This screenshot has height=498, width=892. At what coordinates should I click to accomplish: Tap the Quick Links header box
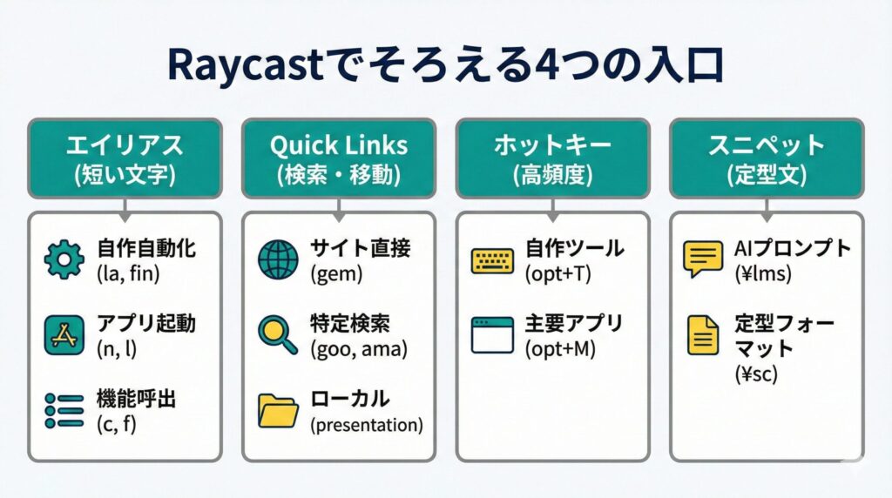pyautogui.click(x=338, y=158)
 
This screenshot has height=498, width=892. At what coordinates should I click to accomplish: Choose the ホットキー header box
pyautogui.click(x=553, y=158)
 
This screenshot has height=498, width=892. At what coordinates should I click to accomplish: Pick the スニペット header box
pyautogui.click(x=767, y=158)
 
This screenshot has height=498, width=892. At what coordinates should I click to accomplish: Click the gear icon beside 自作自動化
pyautogui.click(x=64, y=260)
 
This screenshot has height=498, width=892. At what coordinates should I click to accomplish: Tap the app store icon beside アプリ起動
pyautogui.click(x=64, y=335)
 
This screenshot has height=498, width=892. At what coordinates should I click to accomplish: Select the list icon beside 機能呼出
pyautogui.click(x=64, y=410)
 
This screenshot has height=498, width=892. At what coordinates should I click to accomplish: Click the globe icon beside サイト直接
pyautogui.click(x=278, y=260)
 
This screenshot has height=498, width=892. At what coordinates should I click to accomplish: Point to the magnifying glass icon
pyautogui.click(x=277, y=335)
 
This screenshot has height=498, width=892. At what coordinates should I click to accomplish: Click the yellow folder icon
pyautogui.click(x=278, y=410)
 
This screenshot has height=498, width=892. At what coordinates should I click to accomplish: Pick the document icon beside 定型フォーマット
pyautogui.click(x=704, y=335)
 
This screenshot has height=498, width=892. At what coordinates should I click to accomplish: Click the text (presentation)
pyautogui.click(x=366, y=426)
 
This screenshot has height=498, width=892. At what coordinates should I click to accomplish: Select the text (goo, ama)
pyautogui.click(x=358, y=350)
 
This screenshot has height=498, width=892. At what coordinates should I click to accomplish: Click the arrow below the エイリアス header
pyautogui.click(x=125, y=207)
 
